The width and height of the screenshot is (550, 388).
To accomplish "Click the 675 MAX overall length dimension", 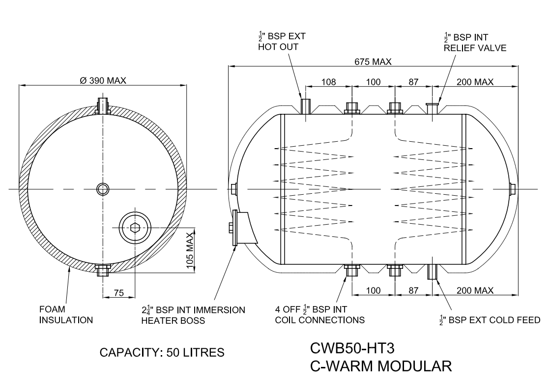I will pos(374,62).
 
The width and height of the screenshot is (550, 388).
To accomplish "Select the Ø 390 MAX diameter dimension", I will pos(102,80).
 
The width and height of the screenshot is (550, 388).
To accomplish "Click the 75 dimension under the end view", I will pos(119,293).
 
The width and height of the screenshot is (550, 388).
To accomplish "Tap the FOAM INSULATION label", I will pos(66,315).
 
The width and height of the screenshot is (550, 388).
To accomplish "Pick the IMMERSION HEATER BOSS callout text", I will pos(193,315).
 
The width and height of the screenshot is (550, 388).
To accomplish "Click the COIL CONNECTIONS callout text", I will pos(319,320).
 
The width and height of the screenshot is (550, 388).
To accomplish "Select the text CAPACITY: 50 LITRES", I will pos(162,352).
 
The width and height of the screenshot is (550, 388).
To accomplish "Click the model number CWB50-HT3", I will pos(352,348).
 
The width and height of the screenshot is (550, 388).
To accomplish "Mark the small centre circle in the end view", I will pos(103,189).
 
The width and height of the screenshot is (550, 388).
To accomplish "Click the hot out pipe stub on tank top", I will pos(305,106).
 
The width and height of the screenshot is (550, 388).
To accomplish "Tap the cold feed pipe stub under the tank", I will pos(432,271).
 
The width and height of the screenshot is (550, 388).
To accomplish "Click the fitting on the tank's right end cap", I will pos(512,189).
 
